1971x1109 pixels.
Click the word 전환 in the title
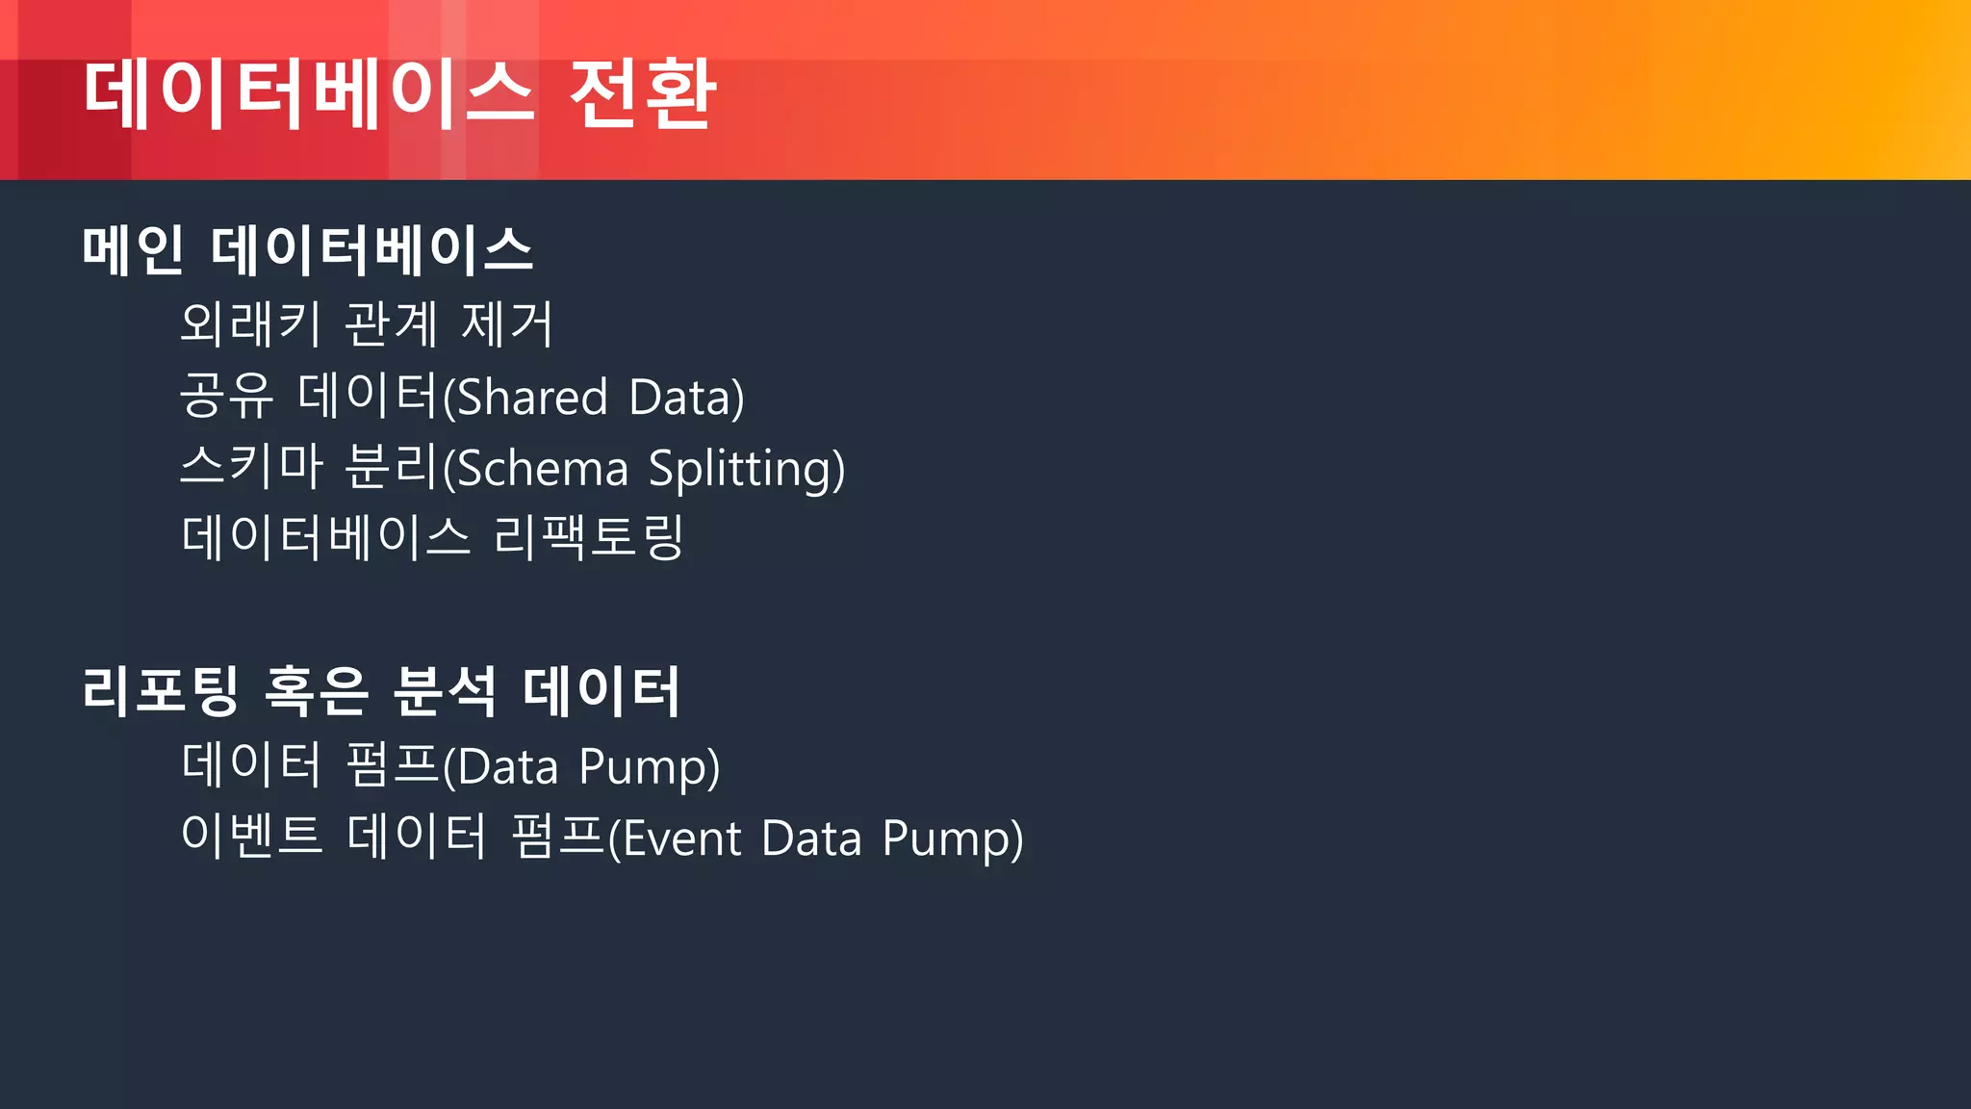(642, 93)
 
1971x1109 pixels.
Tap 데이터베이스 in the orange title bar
(308, 93)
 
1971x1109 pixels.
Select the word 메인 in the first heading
(133, 249)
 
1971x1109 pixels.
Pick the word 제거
(507, 323)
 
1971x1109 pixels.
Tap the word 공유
(227, 396)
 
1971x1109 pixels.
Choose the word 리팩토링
(588, 537)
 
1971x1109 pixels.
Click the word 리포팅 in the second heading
(160, 690)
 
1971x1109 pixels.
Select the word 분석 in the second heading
(445, 690)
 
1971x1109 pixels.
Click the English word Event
(681, 838)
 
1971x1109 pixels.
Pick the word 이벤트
(251, 835)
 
